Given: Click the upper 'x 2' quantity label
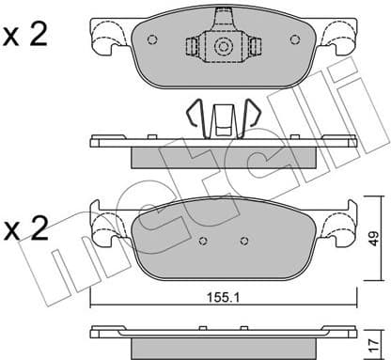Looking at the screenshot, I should tap(25, 36).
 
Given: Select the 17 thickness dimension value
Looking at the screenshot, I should tap(374, 336).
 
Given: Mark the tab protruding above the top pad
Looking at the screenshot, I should tap(223, 15).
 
